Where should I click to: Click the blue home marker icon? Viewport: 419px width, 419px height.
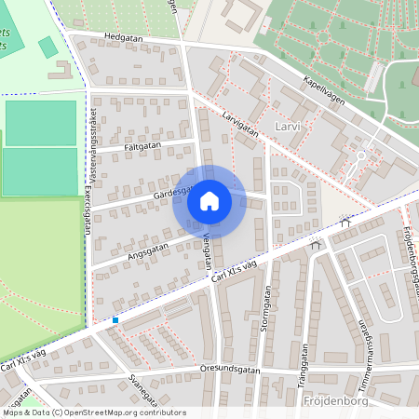(x=209, y=201)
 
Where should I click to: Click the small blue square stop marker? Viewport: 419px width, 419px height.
(x=115, y=320)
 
